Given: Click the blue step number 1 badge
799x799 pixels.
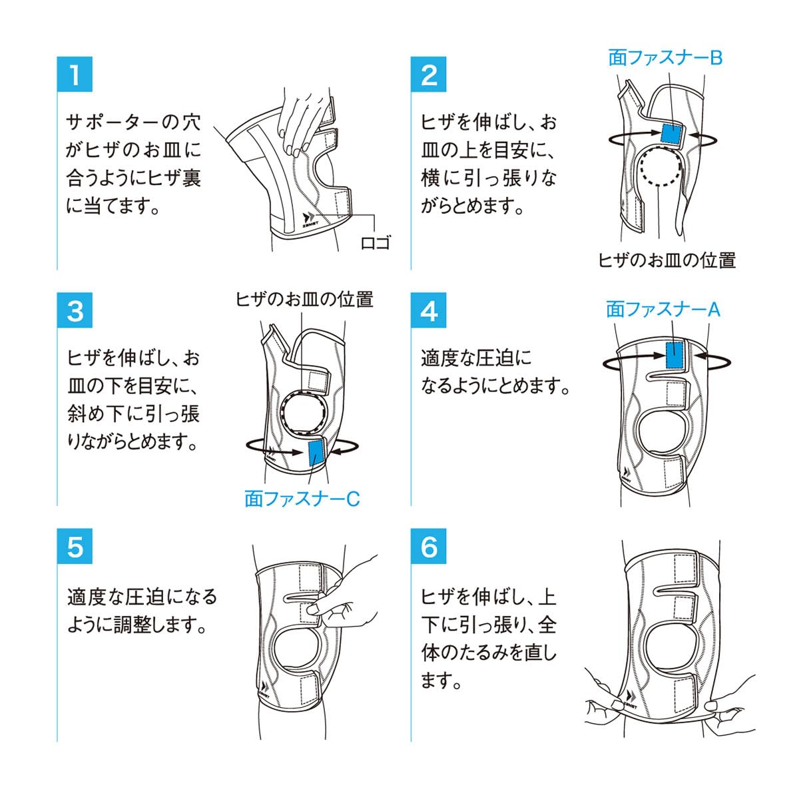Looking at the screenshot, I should click(x=75, y=75).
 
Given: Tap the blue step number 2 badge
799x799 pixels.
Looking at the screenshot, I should click(x=429, y=75).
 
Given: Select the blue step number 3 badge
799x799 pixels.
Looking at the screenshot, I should click(x=75, y=310).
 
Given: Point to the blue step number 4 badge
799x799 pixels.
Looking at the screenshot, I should click(x=429, y=310).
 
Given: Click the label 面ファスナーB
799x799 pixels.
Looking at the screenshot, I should click(x=665, y=58).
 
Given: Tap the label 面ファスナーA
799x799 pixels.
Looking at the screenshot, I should click(x=663, y=309).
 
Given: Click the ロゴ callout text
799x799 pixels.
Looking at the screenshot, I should click(x=375, y=242).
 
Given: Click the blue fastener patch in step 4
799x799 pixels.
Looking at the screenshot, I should click(x=676, y=354).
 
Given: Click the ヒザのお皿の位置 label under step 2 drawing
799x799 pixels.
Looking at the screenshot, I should click(x=666, y=260).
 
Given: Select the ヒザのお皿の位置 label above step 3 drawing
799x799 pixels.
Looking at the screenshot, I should click(x=304, y=299).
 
